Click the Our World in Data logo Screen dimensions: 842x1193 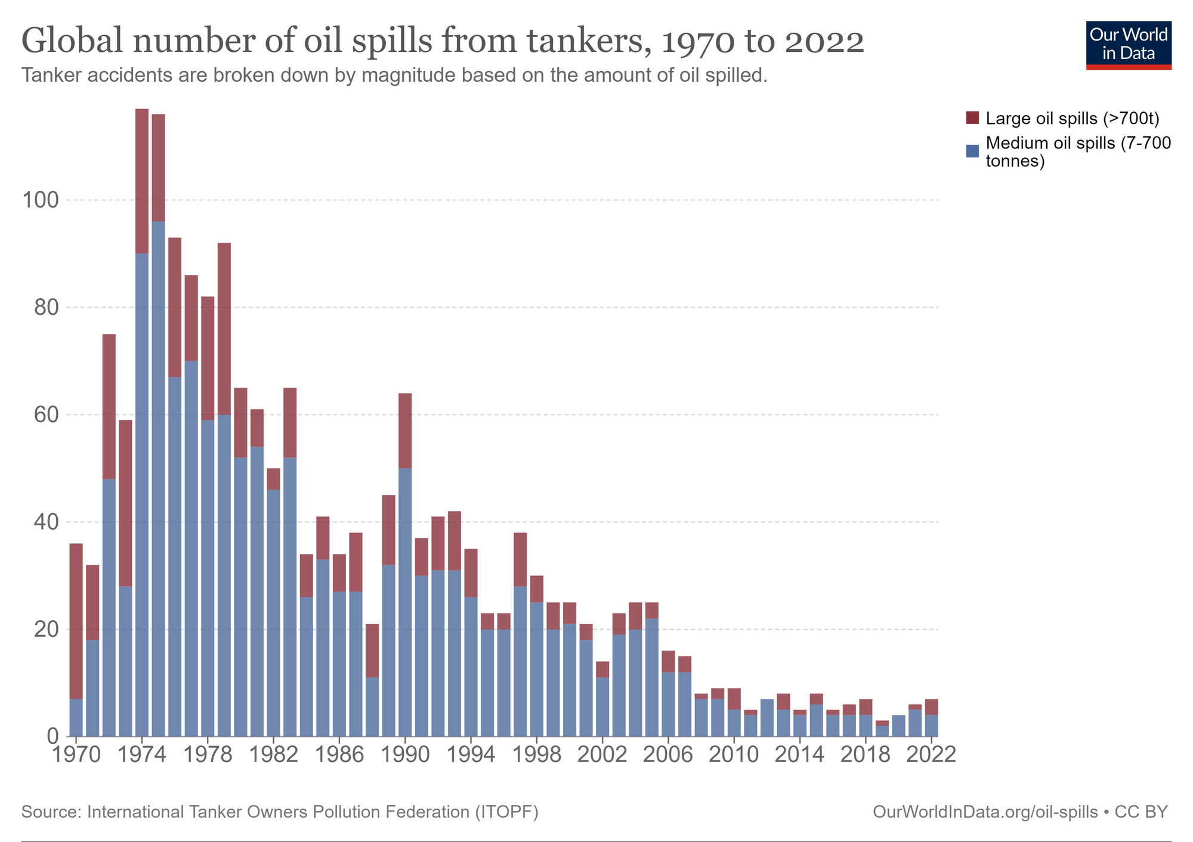click(x=1129, y=45)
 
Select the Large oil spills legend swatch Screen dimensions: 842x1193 click(x=972, y=118)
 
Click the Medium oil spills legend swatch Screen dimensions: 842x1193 click(x=972, y=151)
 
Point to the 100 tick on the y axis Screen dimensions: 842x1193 click(x=41, y=200)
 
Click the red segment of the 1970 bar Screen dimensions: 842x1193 click(x=76, y=620)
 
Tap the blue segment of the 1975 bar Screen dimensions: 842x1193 click(x=159, y=477)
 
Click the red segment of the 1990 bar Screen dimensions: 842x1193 click(x=405, y=431)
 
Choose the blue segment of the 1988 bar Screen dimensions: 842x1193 click(x=372, y=707)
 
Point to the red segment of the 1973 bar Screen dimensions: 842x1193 click(x=125, y=503)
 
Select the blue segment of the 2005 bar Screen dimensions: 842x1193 click(x=652, y=677)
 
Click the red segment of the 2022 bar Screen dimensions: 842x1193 click(x=932, y=707)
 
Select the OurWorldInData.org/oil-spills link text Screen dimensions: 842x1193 click(x=985, y=812)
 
